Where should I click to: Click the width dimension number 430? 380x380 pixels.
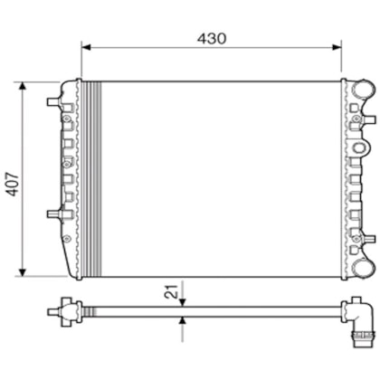point(211,39)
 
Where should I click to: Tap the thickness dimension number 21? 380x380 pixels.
point(169,290)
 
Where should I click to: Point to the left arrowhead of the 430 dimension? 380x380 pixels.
point(86,50)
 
